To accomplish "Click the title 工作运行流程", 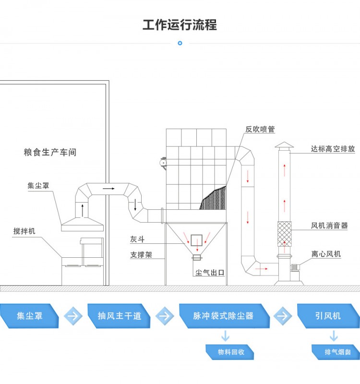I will click(180, 24).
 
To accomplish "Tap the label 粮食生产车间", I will click(50, 153).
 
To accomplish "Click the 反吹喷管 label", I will click(260, 130).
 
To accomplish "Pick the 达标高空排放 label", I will click(333, 149).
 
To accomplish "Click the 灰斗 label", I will click(137, 239).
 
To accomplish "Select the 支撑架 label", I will click(141, 255).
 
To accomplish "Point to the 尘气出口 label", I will click(210, 273).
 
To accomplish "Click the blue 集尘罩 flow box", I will click(30, 316).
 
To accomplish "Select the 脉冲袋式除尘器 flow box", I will click(223, 316).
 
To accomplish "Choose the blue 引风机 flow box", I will click(328, 316).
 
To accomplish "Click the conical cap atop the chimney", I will click(284, 145).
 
